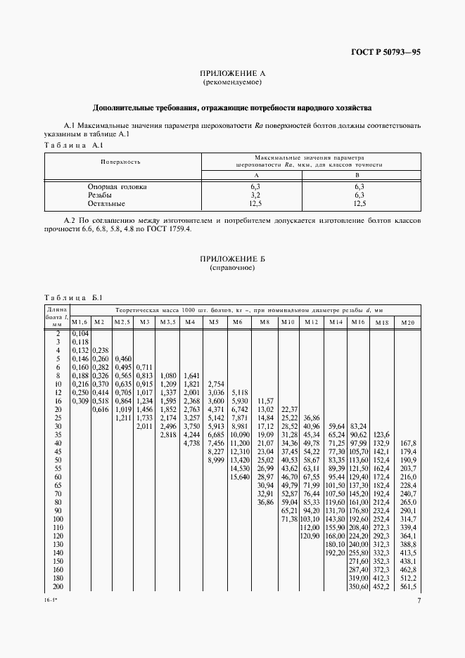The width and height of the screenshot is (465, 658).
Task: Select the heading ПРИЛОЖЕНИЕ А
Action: tap(232, 73)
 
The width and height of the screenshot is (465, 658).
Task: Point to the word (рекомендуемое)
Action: tap(232, 82)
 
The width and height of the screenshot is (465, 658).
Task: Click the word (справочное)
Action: tap(232, 269)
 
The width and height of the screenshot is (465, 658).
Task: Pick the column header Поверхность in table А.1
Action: tap(120, 162)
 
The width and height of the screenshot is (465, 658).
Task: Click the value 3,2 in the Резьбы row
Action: tap(255, 195)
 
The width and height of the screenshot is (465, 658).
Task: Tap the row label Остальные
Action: tap(106, 203)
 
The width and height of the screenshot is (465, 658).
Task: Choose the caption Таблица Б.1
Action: tap(73, 297)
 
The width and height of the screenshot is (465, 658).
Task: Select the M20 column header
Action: tap(407, 322)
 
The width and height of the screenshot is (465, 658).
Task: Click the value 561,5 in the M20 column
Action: tap(408, 587)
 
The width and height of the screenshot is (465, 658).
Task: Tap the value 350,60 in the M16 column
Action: tap(359, 587)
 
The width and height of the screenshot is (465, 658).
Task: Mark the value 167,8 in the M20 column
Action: tap(408, 444)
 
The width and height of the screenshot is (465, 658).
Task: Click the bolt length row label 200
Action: tap(57, 587)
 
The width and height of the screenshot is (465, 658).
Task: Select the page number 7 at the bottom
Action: tap(419, 601)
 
